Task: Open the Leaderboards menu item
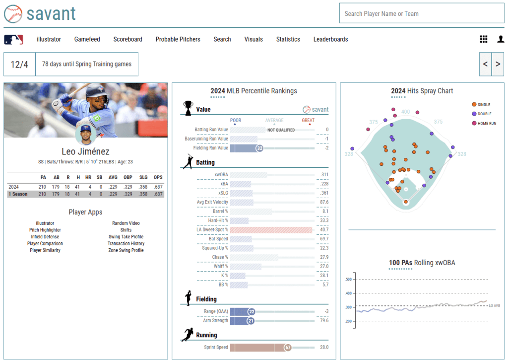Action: click(330, 39)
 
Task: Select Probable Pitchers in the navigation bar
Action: click(178, 39)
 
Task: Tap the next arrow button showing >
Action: click(498, 64)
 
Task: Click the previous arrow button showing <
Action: click(485, 64)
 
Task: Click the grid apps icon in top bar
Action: click(484, 39)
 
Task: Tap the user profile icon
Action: click(501, 39)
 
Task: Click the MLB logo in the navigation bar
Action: click(13, 39)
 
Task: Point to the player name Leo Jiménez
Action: click(85, 151)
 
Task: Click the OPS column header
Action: click(158, 177)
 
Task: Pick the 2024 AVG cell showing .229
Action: click(113, 187)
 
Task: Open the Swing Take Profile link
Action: click(126, 237)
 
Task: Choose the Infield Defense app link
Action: click(45, 237)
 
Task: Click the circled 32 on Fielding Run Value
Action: click(259, 148)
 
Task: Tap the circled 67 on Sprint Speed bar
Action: click(287, 348)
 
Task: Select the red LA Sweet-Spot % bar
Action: click(271, 230)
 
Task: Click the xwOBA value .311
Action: click(324, 175)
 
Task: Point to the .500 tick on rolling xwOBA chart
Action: click(348, 280)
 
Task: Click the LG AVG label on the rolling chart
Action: click(495, 306)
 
